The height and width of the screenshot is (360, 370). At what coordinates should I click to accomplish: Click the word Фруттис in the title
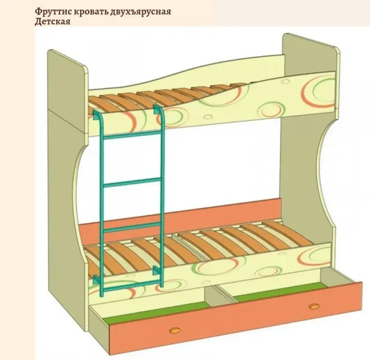point(53,12)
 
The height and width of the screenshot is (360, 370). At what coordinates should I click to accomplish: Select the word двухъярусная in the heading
point(140,12)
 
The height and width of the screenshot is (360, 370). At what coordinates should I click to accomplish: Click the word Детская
point(53,22)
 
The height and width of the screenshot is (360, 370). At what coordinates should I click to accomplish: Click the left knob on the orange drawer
point(175,330)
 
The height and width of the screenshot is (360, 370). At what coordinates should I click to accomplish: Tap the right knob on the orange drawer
point(314,306)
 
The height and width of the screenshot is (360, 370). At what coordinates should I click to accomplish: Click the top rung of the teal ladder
point(132,135)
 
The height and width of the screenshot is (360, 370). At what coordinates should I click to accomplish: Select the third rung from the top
point(132,226)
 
